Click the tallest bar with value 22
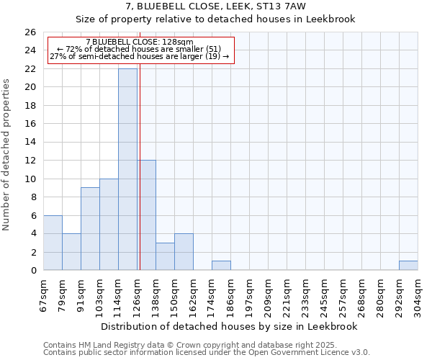tap(127, 169)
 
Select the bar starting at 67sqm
tap(53, 243)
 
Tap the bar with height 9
tap(90, 229)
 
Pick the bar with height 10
tap(109, 225)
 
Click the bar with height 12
tap(147, 215)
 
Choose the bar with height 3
tap(165, 256)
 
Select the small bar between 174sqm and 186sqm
tap(221, 266)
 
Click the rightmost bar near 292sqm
tap(408, 266)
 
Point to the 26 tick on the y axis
tap(30, 32)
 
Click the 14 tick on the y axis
tap(30, 143)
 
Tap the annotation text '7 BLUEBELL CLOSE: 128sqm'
tap(140, 42)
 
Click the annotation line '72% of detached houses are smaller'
tap(140, 49)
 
